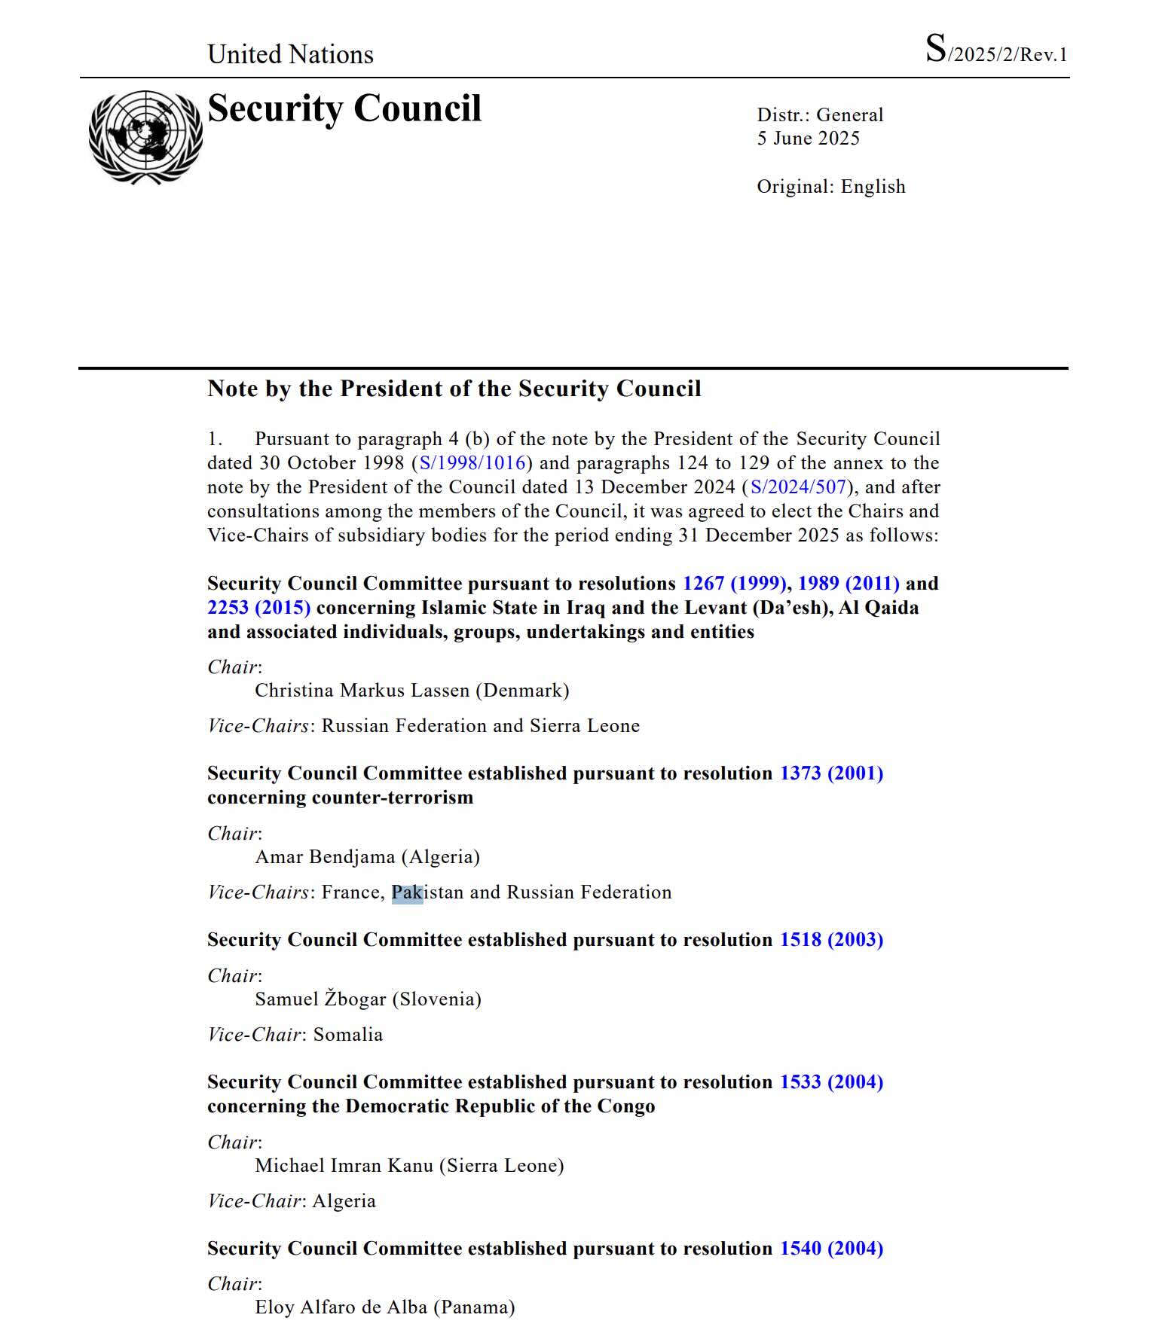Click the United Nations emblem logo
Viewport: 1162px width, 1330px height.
click(x=145, y=137)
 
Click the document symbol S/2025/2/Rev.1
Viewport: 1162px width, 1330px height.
click(x=995, y=51)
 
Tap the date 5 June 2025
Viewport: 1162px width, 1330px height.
click(x=808, y=139)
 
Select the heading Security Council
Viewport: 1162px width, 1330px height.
click(x=344, y=108)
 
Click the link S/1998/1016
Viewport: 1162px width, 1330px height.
click(x=472, y=463)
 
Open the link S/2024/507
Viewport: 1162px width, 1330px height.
click(x=798, y=487)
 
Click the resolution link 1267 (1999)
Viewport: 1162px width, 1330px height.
click(x=734, y=584)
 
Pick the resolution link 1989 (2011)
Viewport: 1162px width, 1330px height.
click(x=849, y=584)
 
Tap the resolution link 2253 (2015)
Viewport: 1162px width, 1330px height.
click(x=258, y=608)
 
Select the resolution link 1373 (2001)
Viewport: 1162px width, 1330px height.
click(x=831, y=773)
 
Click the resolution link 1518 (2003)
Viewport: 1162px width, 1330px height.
click(x=831, y=940)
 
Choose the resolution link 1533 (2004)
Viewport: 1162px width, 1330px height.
click(x=831, y=1082)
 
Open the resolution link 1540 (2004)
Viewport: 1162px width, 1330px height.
click(x=831, y=1249)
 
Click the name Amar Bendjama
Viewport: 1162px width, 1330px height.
click(x=325, y=857)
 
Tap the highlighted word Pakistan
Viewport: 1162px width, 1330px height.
click(x=427, y=892)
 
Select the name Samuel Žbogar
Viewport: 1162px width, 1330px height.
click(x=320, y=999)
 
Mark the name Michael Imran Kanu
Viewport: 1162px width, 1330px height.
click(x=344, y=1166)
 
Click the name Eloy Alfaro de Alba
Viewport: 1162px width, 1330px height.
click(x=341, y=1307)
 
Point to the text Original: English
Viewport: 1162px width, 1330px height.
click(x=830, y=187)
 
